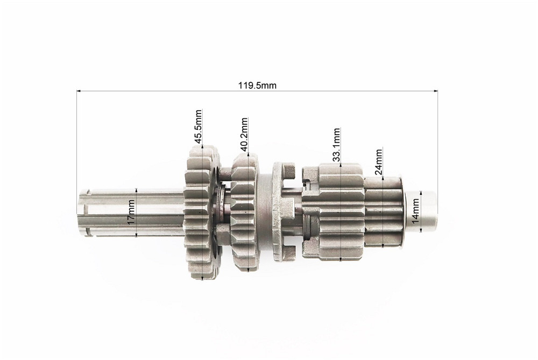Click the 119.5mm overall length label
[257, 85]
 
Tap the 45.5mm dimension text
[198, 126]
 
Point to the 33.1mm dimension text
[337, 145]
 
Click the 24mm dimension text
[378, 162]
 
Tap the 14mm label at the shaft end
[415, 211]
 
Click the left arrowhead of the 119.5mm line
[78, 91]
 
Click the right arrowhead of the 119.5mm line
[436, 91]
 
